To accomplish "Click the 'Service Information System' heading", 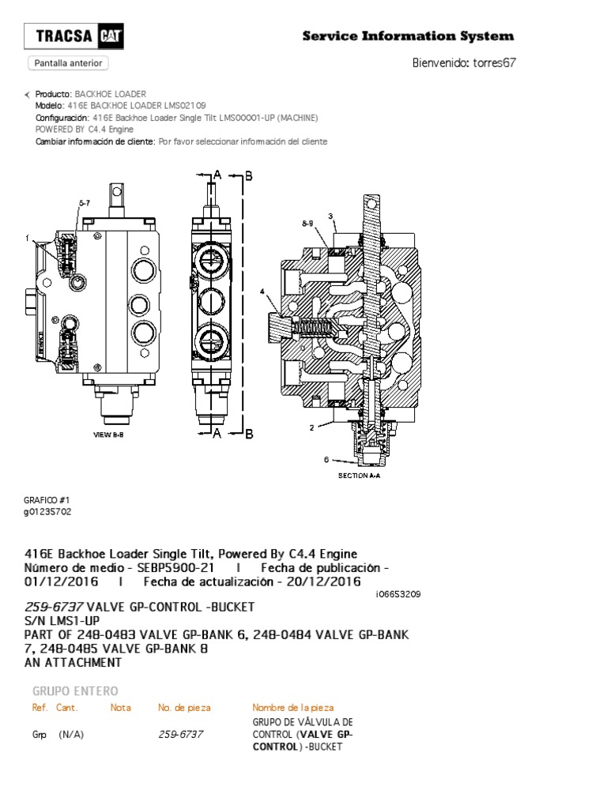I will tap(409, 36).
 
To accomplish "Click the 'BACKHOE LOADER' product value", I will tap(110, 94).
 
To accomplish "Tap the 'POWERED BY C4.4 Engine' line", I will tap(85, 130).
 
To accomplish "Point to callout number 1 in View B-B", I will tap(27, 238).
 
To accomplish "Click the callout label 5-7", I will tap(84, 203).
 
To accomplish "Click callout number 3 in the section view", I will tap(331, 216).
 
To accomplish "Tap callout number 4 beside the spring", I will tap(262, 292).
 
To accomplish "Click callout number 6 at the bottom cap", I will tap(326, 459).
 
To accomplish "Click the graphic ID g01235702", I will tap(48, 511).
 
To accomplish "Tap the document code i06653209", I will tap(398, 594).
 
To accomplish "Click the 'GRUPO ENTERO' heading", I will tap(74, 690).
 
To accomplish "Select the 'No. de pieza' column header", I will tap(184, 707).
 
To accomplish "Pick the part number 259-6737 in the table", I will tap(181, 735).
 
